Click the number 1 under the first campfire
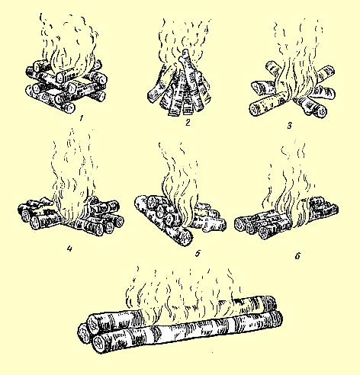[x=81, y=118]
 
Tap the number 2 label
[x=188, y=123]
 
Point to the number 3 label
[x=289, y=126]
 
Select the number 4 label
[x=69, y=248]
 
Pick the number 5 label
[x=198, y=253]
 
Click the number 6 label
[x=297, y=256]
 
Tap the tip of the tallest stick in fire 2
[x=185, y=50]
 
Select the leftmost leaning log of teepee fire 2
[x=159, y=86]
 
